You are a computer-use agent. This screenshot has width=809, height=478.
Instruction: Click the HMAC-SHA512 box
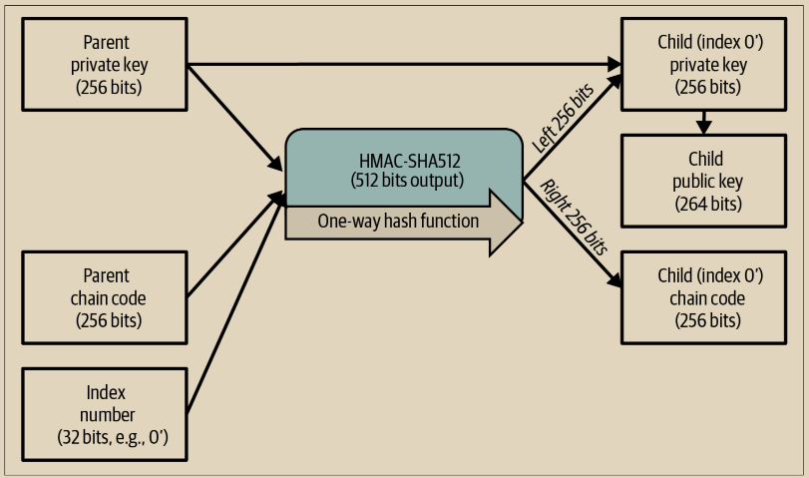(404, 165)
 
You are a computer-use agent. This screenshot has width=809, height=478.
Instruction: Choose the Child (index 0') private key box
(704, 65)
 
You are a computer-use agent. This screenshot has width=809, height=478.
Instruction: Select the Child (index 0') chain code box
(704, 297)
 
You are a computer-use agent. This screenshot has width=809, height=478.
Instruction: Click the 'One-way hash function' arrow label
(398, 222)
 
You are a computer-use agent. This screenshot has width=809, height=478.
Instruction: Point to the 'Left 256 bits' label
(563, 118)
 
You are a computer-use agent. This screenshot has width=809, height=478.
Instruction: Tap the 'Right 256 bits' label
(574, 218)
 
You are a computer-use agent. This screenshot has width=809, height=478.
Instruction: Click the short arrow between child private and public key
(704, 122)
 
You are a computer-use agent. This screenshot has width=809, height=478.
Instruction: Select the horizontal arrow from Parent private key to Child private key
(399, 66)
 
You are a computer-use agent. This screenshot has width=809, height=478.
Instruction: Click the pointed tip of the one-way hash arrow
(518, 222)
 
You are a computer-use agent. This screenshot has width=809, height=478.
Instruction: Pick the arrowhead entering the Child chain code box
(615, 281)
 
